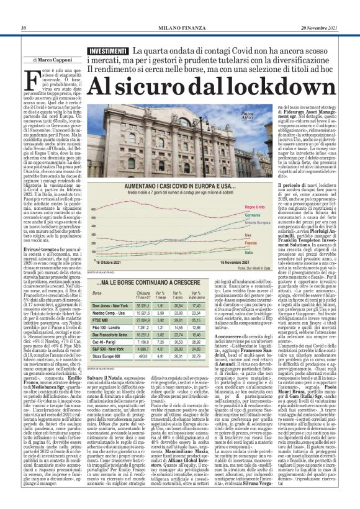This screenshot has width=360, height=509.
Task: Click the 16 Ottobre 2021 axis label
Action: coord(112,263)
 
